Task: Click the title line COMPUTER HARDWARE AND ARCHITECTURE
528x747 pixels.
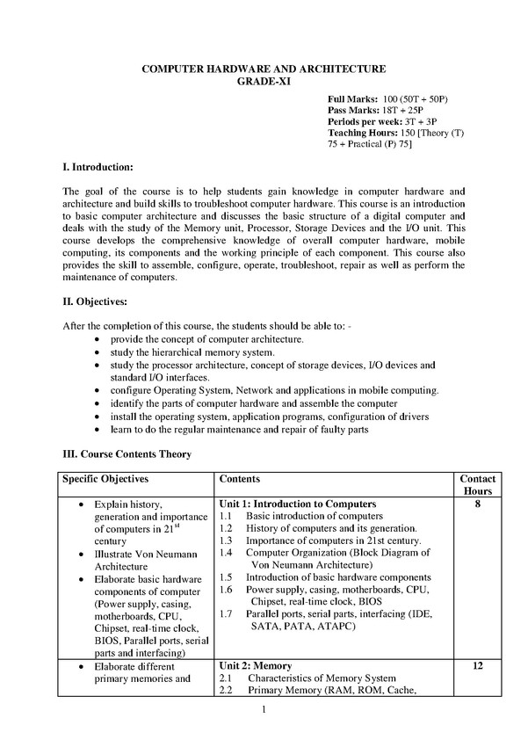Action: point(264,68)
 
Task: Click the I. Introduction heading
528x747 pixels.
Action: point(98,166)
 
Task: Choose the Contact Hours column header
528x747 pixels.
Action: point(477,485)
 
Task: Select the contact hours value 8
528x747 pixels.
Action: point(477,504)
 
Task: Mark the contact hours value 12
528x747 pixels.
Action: point(477,666)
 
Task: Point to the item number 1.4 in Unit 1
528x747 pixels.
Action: point(226,553)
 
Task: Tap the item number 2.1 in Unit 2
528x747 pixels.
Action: point(226,678)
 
